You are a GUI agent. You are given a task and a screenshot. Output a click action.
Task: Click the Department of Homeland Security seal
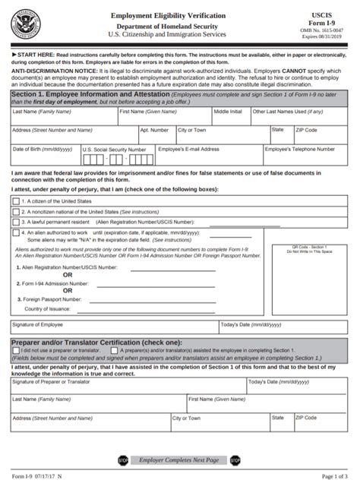27,27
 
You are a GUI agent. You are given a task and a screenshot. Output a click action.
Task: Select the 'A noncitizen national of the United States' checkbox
16,211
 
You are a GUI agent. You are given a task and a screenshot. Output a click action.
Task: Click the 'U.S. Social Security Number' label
114,150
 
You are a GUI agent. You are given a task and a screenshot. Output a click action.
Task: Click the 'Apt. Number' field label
154,130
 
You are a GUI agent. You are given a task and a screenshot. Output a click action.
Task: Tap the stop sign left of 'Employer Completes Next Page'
123,460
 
